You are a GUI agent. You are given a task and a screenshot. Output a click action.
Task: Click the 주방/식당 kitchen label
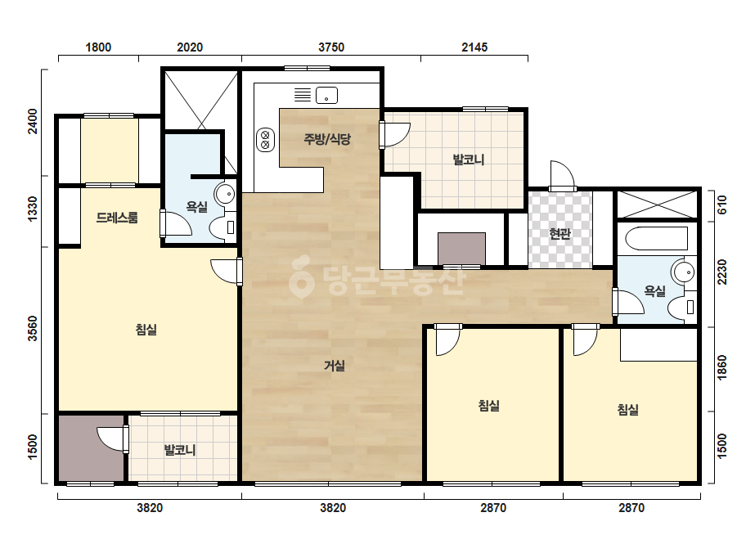tap(327, 139)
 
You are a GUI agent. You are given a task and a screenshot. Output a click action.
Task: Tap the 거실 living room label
tap(335, 366)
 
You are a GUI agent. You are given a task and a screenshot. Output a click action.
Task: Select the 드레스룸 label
tap(117, 218)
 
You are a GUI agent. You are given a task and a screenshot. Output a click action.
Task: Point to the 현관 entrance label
tap(560, 234)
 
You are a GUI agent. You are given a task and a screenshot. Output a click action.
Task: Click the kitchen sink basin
tap(326, 95)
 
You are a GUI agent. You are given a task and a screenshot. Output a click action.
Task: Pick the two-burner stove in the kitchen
tap(265, 140)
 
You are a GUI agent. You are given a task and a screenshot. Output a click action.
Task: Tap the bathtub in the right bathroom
tap(656, 238)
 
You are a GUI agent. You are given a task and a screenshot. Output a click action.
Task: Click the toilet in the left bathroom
tap(223, 227)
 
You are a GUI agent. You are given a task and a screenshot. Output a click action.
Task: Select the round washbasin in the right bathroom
tap(684, 272)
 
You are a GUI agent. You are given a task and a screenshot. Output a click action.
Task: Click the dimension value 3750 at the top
tap(331, 47)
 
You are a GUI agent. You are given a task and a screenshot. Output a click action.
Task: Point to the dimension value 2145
tap(474, 47)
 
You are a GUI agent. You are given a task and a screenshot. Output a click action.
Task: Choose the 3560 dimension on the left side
tap(32, 329)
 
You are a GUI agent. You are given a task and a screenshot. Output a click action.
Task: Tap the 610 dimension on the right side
tap(722, 205)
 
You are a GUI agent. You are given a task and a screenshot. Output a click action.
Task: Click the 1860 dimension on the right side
tap(722, 367)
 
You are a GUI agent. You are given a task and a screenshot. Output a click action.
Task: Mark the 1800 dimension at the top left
tap(98, 47)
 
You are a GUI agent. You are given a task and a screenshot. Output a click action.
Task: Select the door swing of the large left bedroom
tap(226, 272)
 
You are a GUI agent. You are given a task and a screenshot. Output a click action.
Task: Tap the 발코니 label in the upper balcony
tap(469, 160)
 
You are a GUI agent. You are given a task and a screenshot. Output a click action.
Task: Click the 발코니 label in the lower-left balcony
tap(180, 451)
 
